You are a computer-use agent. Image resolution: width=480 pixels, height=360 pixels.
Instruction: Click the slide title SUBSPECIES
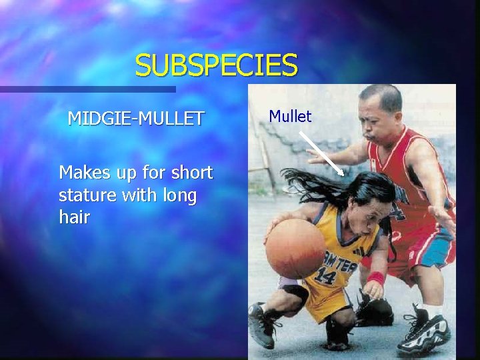216,65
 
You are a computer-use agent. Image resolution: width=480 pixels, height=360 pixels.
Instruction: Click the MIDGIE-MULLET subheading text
136,119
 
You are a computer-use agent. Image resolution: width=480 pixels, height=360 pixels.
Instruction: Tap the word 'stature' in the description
87,196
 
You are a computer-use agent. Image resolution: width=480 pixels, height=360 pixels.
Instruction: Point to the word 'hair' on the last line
74,217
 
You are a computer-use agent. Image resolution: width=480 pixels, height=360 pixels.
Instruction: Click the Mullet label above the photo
290,117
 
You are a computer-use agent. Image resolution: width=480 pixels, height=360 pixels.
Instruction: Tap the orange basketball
295,249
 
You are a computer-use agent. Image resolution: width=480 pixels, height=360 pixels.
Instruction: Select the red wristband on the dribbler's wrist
375,278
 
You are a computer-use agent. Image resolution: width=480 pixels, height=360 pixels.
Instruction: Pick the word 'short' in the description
191,173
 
